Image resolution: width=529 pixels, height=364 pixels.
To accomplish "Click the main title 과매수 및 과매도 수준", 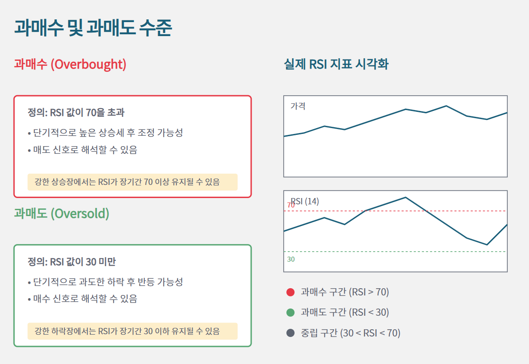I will pyautogui.click(x=93, y=28).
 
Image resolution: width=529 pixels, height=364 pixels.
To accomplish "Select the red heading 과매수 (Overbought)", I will pyautogui.click(x=70, y=64).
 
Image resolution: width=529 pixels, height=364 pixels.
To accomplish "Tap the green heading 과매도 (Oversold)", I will pyautogui.click(x=61, y=213).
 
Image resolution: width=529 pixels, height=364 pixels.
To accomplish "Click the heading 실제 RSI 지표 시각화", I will pyautogui.click(x=336, y=64).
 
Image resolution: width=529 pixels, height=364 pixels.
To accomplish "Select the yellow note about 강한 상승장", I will pyautogui.click(x=132, y=182).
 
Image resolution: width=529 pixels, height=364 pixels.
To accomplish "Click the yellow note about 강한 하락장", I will pyautogui.click(x=132, y=331).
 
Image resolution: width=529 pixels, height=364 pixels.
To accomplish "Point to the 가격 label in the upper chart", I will pyautogui.click(x=298, y=106).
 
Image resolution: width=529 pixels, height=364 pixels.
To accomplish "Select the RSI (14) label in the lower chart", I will pyautogui.click(x=305, y=201).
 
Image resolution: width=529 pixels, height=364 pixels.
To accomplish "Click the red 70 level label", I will pyautogui.click(x=291, y=205).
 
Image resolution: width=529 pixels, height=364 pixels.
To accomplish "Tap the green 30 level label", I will pyautogui.click(x=291, y=259).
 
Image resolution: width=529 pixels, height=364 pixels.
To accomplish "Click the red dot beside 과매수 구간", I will pyautogui.click(x=290, y=292).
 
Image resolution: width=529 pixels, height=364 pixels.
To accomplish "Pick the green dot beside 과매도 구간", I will pyautogui.click(x=290, y=312).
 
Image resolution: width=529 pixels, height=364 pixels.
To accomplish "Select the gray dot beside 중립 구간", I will pyautogui.click(x=290, y=333).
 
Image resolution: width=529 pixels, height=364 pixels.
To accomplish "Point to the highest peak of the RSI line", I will pyautogui.click(x=405, y=197).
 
